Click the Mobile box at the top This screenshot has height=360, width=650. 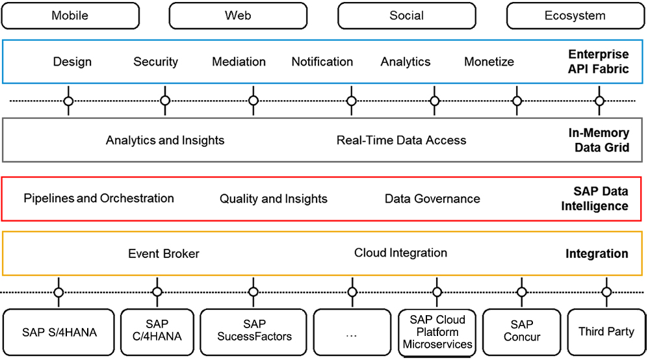point(70,16)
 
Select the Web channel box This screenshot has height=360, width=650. point(238,16)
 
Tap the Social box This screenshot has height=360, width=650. point(406,16)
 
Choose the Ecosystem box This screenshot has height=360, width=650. point(575,16)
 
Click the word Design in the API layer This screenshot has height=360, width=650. point(72,62)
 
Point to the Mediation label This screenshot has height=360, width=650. point(239,62)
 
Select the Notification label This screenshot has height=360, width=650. point(322,62)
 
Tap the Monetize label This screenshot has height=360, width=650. point(489,62)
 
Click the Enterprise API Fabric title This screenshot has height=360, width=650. point(598,61)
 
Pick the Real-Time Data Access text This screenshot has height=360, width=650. point(401,140)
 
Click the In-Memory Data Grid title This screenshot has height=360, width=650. point(599,140)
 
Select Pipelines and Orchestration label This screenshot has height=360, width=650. point(99,198)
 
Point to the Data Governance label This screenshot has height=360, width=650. point(432,199)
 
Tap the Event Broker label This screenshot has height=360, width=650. point(164,253)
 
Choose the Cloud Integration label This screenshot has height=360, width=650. point(400,253)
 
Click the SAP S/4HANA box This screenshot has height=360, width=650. point(58,332)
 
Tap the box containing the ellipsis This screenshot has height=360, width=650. point(352,332)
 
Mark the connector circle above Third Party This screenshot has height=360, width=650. point(606,292)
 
